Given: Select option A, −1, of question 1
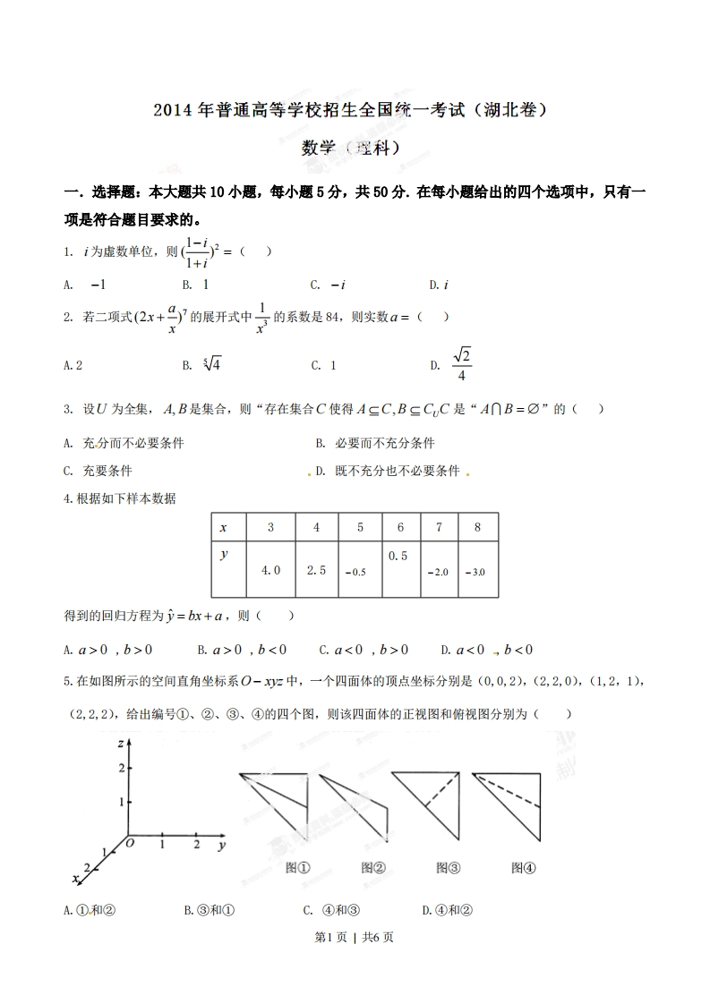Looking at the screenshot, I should (86, 285).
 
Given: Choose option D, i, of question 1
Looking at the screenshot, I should (439, 285).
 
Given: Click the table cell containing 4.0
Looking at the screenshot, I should (270, 570).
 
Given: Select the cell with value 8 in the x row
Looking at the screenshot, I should (477, 527).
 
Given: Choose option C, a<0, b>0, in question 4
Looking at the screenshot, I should (364, 650).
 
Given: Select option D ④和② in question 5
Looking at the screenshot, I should (447, 910).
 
